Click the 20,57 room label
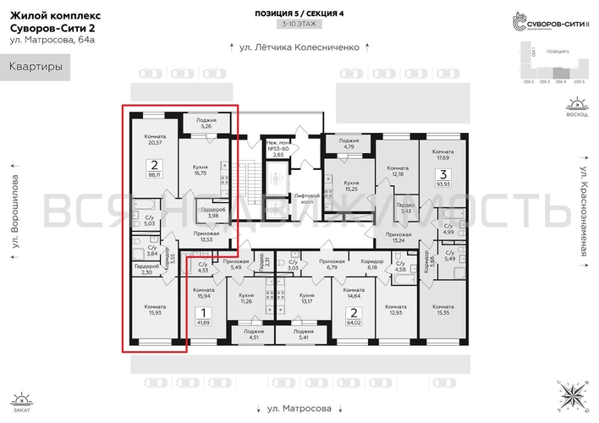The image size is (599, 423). point(154,140)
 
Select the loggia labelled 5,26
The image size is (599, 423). point(200,124)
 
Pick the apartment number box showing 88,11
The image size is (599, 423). point(154,169)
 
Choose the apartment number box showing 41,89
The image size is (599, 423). point(203,316)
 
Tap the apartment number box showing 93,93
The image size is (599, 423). point(441,179)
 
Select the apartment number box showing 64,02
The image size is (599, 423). point(352,316)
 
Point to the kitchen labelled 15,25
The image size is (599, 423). point(351,186)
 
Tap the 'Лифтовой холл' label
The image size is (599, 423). point(301,198)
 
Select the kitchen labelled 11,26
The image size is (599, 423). point(247,297)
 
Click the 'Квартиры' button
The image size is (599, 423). point(36,68)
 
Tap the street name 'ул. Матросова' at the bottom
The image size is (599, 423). point(299,408)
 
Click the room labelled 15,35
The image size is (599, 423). point(443,310)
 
